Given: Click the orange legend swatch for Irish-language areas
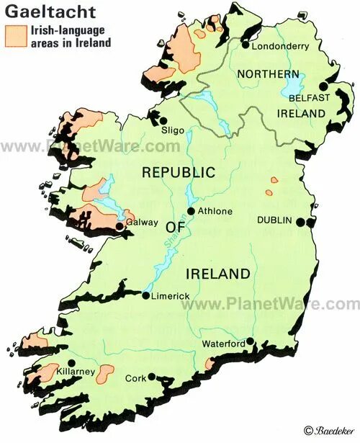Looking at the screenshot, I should pyautogui.click(x=14, y=36).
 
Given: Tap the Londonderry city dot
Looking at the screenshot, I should pyautogui.click(x=246, y=45).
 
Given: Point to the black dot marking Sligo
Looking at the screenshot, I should pyautogui.click(x=164, y=121).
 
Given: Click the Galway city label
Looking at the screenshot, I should pyautogui.click(x=142, y=223).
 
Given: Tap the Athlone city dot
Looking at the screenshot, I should pyautogui.click(x=192, y=211).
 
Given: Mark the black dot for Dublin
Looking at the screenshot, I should pyautogui.click(x=299, y=223).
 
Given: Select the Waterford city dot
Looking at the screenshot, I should pyautogui.click(x=250, y=341).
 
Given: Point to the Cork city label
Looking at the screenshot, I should pyautogui.click(x=135, y=377).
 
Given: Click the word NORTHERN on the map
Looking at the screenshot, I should pyautogui.click(x=268, y=74).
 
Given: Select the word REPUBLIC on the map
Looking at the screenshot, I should pyautogui.click(x=178, y=173).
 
